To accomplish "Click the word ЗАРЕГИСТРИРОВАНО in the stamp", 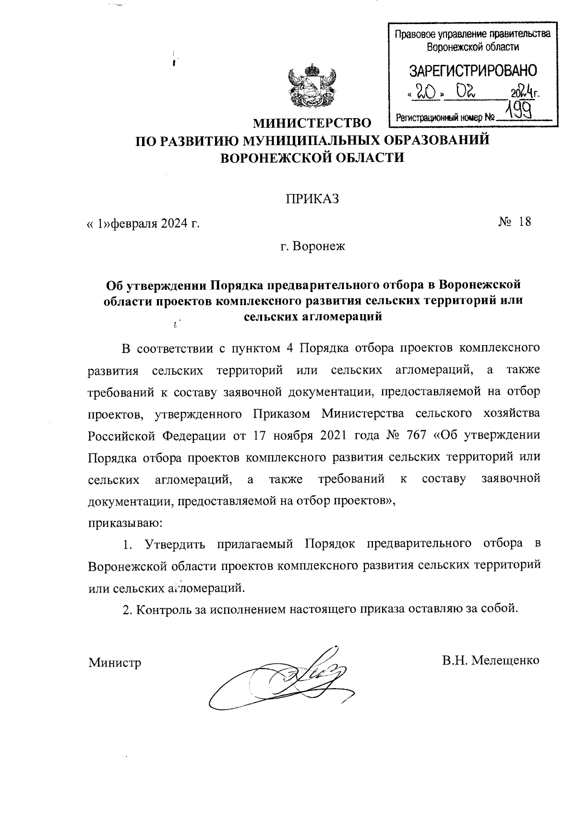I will tap(473, 72).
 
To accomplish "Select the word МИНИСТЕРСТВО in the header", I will tap(312, 123).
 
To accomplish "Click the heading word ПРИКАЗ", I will tap(312, 199).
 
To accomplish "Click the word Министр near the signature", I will tap(115, 663).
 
